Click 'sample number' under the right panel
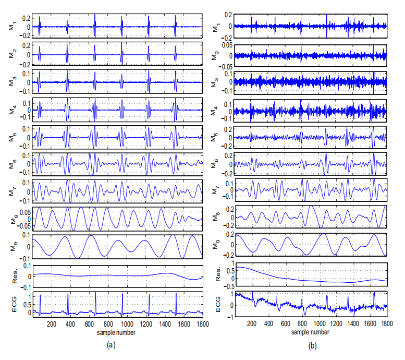click(311, 332)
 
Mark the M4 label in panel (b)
click(214, 110)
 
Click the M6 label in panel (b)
click(214, 164)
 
